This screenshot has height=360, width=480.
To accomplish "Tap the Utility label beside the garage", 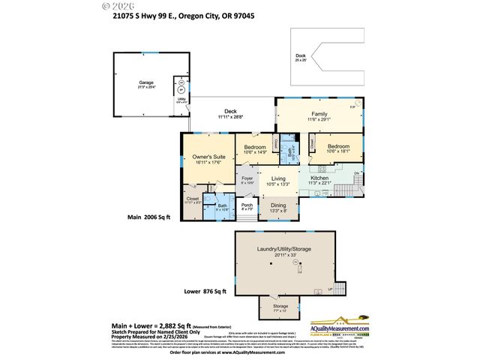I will click(x=181, y=98).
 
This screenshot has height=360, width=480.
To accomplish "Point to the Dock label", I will click(x=300, y=55).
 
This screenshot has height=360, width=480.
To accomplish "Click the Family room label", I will click(x=319, y=114).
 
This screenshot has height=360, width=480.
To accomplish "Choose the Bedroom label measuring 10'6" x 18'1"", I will click(x=339, y=146).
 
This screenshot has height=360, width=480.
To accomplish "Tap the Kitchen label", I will click(x=330, y=178).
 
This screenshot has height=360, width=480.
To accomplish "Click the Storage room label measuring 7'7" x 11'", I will click(x=280, y=306).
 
